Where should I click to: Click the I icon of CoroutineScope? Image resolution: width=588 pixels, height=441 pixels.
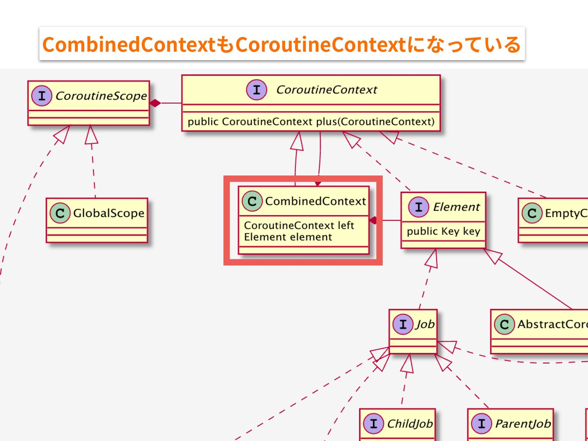tap(42, 96)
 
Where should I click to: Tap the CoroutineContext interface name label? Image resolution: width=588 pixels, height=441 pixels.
tap(326, 90)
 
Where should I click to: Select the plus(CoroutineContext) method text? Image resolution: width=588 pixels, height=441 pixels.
tap(311, 122)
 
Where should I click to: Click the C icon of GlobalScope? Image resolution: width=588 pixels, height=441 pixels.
tap(60, 213)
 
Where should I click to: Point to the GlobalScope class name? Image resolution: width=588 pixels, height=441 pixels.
tap(108, 213)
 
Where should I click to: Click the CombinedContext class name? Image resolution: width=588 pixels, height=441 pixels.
tap(315, 201)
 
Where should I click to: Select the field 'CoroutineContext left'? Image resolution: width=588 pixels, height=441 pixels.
tap(299, 225)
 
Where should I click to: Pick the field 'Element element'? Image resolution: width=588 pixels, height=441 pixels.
tap(288, 237)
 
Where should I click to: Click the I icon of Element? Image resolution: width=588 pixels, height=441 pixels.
tap(418, 207)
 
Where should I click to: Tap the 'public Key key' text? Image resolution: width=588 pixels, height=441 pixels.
tap(443, 231)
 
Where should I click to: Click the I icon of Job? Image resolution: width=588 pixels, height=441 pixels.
tap(403, 324)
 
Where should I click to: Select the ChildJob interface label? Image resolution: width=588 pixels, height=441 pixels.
tap(410, 424)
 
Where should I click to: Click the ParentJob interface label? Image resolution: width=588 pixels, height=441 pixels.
tap(523, 424)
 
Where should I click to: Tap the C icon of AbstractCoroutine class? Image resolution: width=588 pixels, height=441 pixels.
tap(504, 324)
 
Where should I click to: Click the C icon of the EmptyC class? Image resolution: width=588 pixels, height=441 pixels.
tap(532, 213)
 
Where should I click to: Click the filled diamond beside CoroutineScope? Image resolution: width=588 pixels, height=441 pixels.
tap(155, 103)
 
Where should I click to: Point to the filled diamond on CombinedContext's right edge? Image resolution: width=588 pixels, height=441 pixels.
tap(373, 220)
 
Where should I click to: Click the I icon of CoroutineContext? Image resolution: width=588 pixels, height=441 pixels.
tap(257, 90)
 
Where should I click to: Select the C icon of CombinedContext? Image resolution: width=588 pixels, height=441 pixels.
tap(252, 201)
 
